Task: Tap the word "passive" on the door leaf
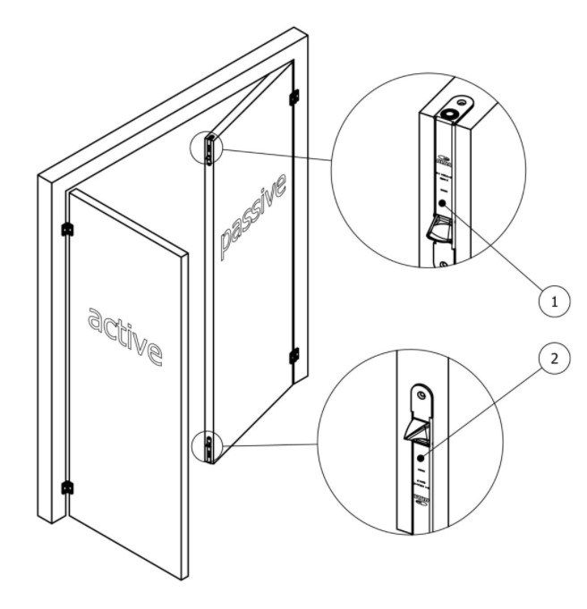coord(253,215)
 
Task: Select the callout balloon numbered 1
coord(554,302)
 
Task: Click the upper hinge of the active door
coord(67,230)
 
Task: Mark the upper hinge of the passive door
coord(293,96)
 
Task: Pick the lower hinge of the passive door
coord(293,356)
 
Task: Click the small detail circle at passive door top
coord(208,148)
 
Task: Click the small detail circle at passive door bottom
coord(208,446)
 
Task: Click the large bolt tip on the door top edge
coord(448,114)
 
